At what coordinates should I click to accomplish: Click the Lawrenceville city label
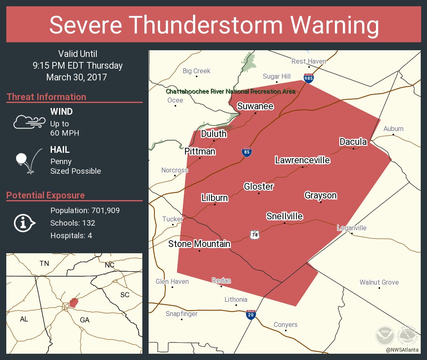point(302,160)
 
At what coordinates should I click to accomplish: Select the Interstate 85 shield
point(247,152)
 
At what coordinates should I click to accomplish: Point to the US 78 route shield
point(255,235)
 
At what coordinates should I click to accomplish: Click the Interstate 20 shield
point(251,315)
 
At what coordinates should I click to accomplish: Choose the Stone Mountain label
point(199,244)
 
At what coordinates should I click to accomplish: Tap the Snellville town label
point(285,216)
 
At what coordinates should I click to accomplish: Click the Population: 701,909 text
point(85,210)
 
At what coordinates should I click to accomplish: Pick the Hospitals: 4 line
point(71,235)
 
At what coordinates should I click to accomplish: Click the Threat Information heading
point(46,97)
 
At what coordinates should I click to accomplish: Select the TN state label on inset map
point(44,263)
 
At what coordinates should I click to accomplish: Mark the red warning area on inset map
point(74,302)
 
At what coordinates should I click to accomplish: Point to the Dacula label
point(353,142)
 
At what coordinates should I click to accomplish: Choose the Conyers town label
point(286,324)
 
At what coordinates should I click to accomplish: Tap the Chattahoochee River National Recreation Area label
point(230,91)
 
